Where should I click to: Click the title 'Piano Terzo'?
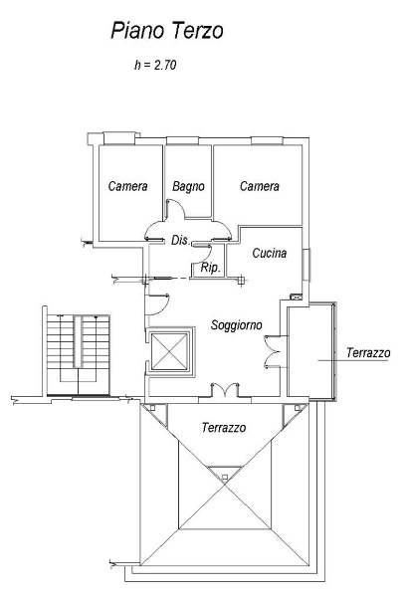(x=167, y=31)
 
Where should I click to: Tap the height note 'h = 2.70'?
(x=155, y=65)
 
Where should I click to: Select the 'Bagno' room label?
(x=188, y=186)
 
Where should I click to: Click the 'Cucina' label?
(x=269, y=253)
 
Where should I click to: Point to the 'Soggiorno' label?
(x=237, y=324)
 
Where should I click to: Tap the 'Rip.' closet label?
(x=211, y=268)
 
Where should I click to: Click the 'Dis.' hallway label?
(x=180, y=240)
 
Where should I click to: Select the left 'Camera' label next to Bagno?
(x=127, y=186)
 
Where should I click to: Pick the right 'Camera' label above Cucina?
(x=259, y=186)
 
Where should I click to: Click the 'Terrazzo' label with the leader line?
(x=368, y=353)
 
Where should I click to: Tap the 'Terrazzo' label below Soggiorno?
(x=224, y=428)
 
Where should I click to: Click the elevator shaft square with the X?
(x=169, y=351)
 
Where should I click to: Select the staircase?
(x=78, y=355)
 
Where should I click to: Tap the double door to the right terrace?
(x=273, y=351)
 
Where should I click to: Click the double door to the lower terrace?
(x=225, y=389)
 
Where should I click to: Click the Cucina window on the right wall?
(x=306, y=265)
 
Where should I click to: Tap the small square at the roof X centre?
(x=225, y=477)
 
